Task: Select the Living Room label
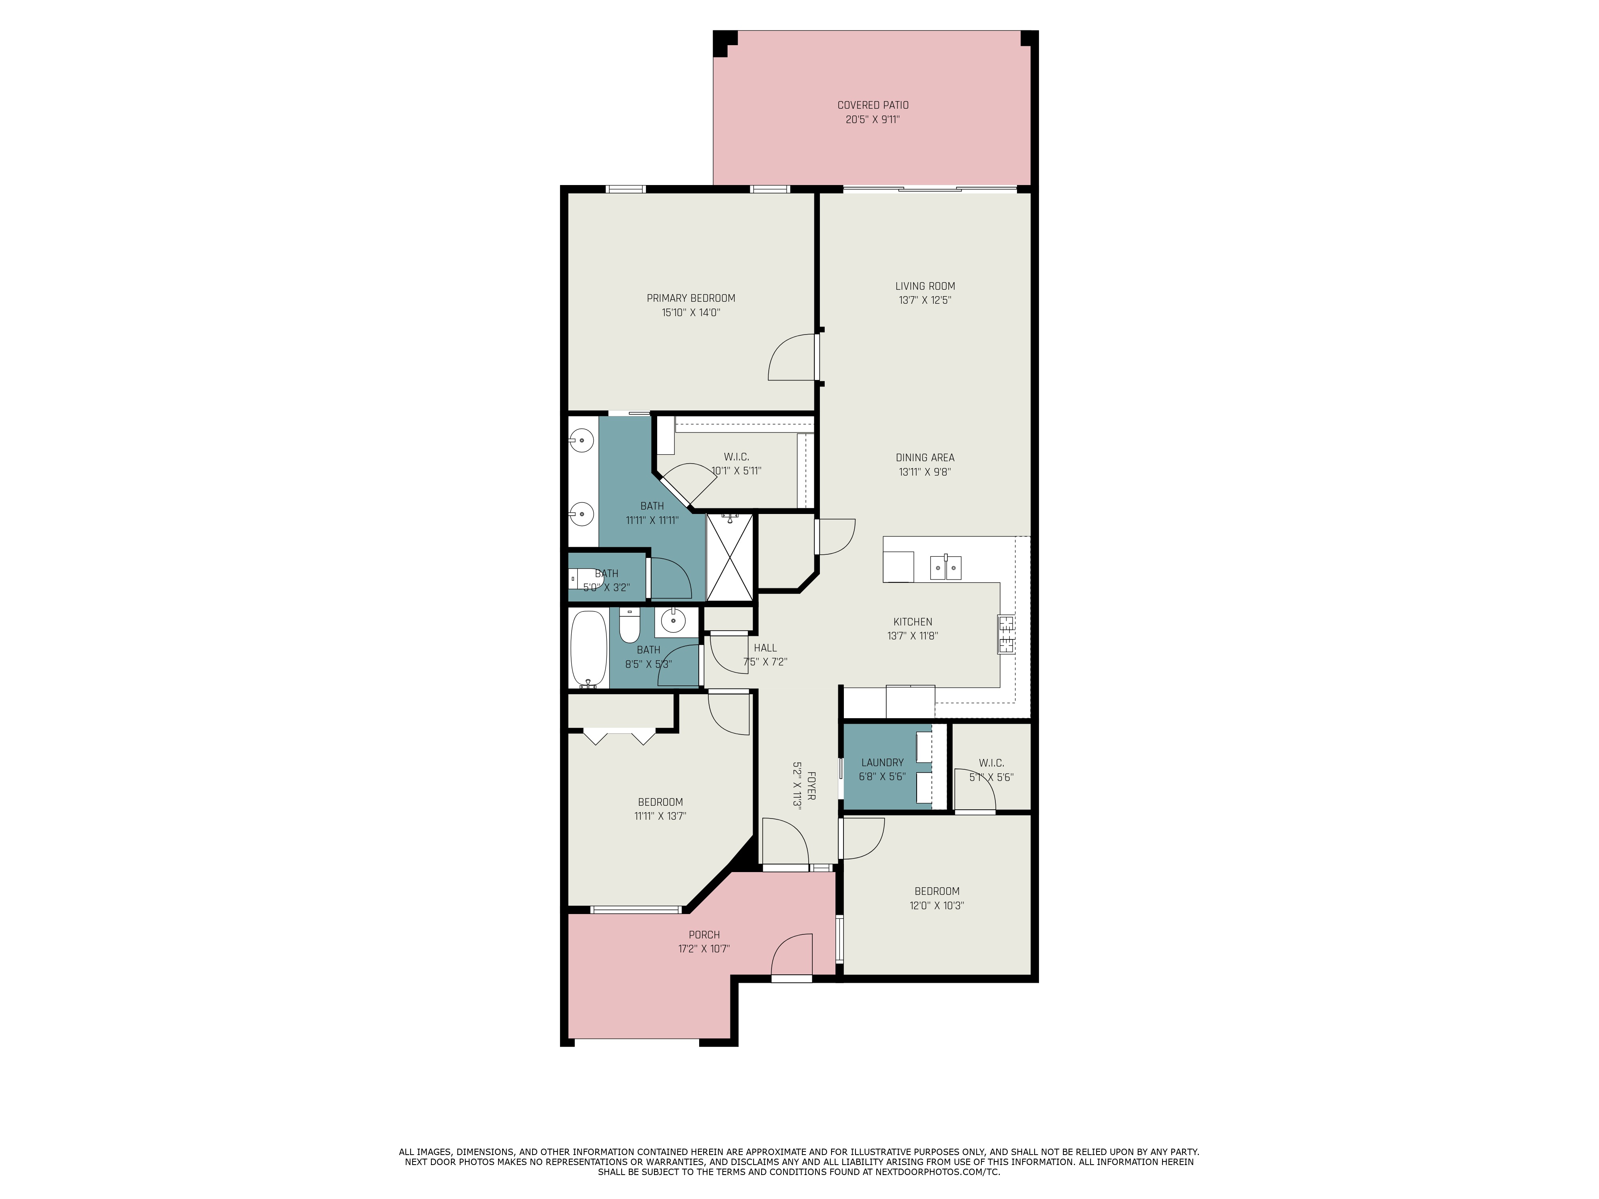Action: click(925, 286)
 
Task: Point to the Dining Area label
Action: click(925, 458)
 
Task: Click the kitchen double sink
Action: click(945, 568)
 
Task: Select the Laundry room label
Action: click(882, 763)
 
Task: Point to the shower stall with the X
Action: click(729, 556)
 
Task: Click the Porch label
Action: click(703, 934)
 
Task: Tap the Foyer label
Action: click(811, 786)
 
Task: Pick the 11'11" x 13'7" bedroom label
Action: click(660, 809)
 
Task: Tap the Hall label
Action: click(765, 648)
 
